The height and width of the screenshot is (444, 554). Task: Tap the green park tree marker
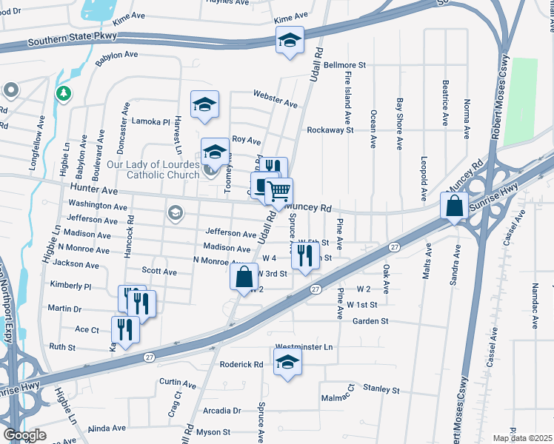point(64,92)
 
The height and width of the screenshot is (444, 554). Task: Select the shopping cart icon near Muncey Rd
point(278,191)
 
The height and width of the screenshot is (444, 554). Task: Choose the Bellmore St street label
point(345,65)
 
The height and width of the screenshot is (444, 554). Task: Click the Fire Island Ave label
point(347,98)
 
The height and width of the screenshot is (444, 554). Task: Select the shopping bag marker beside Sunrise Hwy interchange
point(454,206)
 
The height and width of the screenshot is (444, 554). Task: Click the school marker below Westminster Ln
point(287,362)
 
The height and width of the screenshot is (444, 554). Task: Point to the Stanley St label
point(381,389)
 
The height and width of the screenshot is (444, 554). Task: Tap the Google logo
point(24,435)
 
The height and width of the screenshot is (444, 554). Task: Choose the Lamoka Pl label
point(151,121)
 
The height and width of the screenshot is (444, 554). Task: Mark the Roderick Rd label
point(241,364)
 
